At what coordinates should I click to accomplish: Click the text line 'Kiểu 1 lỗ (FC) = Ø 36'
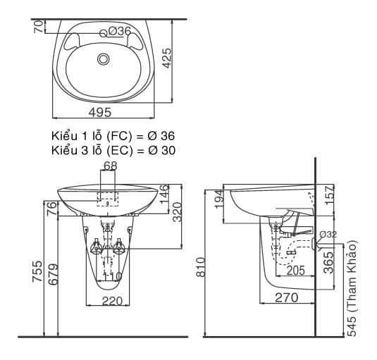tap(113, 135)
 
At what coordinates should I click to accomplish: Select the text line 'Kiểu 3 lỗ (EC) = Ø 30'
tap(113, 149)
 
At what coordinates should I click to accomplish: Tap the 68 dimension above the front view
tap(110, 166)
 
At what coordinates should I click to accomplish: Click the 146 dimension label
tap(163, 194)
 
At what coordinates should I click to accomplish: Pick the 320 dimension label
tap(178, 211)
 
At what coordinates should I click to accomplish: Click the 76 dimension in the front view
tap(51, 209)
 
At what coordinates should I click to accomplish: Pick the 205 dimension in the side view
tap(296, 271)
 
